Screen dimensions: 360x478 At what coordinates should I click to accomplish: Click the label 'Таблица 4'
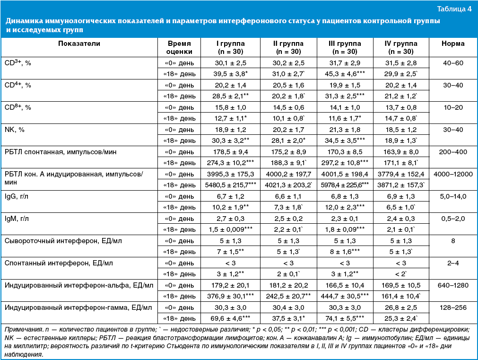coord(454,9)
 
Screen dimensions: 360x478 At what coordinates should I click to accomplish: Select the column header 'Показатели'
coord(79,44)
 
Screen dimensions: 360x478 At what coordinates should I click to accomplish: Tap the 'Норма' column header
coord(453,44)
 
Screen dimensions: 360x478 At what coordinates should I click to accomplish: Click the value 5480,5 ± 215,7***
coord(231,185)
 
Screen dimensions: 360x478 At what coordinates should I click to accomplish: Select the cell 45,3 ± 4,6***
coord(346,73)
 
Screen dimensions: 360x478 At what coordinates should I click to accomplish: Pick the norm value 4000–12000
coord(453,174)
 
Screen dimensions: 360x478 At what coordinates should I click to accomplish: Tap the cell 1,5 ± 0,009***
coord(231,230)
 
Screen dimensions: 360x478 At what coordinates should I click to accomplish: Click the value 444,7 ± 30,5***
coord(346,297)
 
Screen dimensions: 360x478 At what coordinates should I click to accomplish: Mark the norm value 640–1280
coord(453,286)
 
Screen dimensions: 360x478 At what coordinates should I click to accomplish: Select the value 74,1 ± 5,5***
coord(346,319)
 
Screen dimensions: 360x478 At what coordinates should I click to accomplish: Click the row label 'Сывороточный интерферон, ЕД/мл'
coord(63,241)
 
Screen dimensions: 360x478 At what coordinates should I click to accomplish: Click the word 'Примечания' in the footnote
coord(21,329)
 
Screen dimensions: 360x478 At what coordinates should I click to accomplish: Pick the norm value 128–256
coord(453,308)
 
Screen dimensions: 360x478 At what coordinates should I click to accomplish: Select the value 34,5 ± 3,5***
coord(346,140)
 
